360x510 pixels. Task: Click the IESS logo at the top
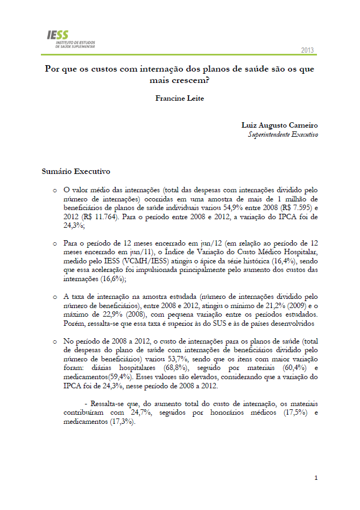point(71,39)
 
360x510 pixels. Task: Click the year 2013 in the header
point(308,50)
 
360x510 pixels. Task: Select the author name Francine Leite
point(179,99)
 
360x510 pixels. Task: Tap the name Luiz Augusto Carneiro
point(280,125)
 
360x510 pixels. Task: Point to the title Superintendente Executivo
point(283,134)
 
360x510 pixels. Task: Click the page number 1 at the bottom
point(316,478)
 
